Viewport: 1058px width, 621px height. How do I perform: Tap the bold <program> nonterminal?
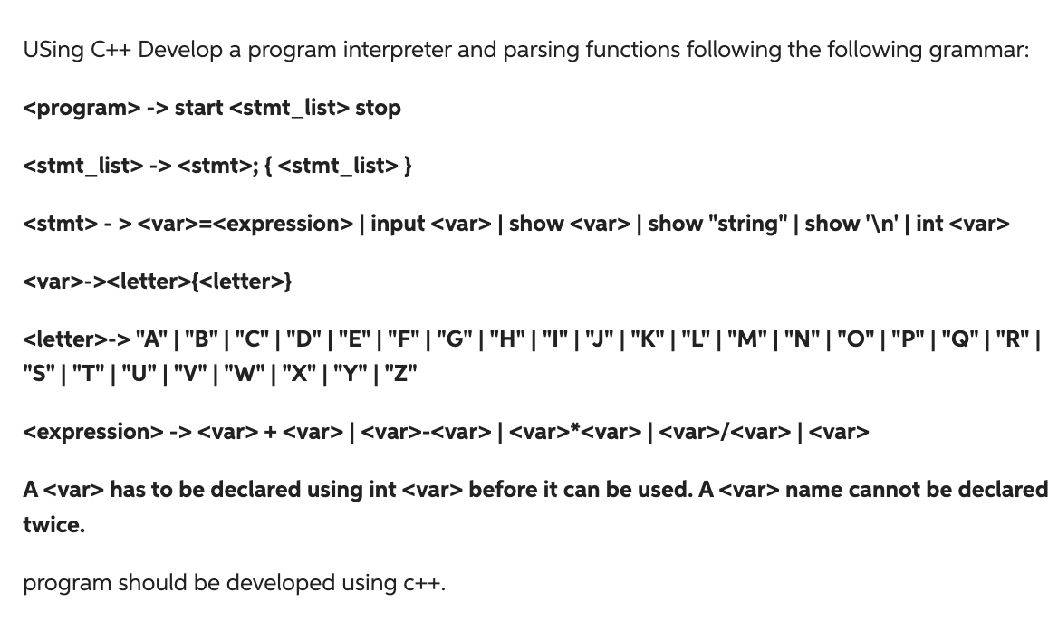point(82,108)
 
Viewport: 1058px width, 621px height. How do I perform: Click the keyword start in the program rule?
point(198,108)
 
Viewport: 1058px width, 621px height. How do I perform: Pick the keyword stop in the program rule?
point(378,108)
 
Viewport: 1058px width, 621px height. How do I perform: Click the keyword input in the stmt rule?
point(398,224)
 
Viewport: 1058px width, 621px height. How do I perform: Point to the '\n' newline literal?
point(878,224)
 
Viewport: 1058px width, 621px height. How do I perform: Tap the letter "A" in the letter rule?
point(150,340)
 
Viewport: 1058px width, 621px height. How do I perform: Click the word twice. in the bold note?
point(53,525)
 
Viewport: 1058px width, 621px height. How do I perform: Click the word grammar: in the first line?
point(978,50)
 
